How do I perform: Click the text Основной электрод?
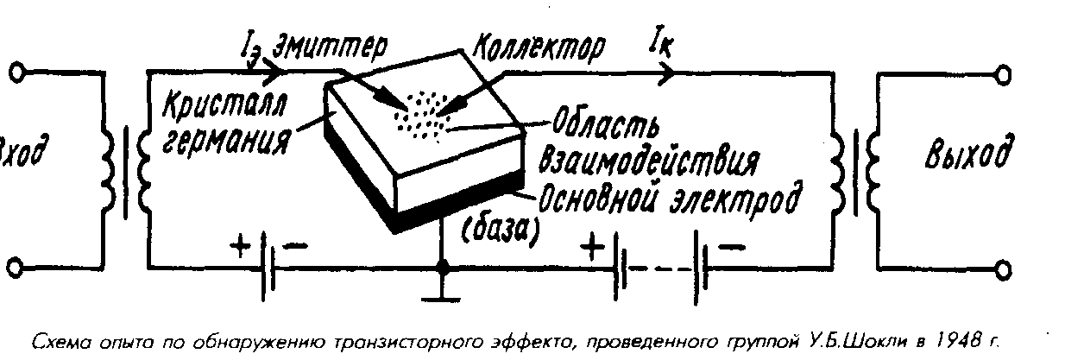pos(665,195)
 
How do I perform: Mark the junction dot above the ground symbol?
pos(443,271)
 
